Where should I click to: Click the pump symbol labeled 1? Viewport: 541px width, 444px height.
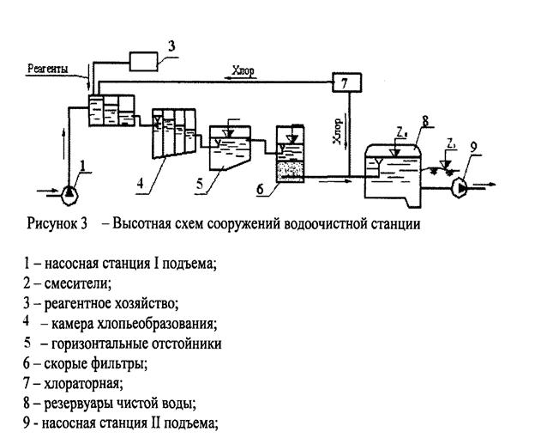(x=69, y=195)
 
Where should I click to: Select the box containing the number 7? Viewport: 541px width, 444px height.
(x=346, y=82)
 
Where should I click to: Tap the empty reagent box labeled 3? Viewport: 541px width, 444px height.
(x=143, y=62)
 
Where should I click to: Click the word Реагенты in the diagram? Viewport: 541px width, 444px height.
(x=48, y=69)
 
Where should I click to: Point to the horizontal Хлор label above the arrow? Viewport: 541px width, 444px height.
(x=243, y=70)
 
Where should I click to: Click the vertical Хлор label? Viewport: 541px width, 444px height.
(x=338, y=131)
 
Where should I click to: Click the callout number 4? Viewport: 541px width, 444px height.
(x=140, y=183)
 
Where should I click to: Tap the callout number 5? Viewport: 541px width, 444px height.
(x=200, y=184)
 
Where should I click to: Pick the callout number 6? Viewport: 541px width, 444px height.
(x=260, y=189)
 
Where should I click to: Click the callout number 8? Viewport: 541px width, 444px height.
(x=425, y=121)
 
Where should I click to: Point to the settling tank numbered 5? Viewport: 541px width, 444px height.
(x=230, y=148)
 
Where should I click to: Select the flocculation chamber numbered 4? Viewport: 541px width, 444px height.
(x=174, y=133)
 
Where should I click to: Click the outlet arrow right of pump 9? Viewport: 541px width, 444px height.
(x=482, y=186)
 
